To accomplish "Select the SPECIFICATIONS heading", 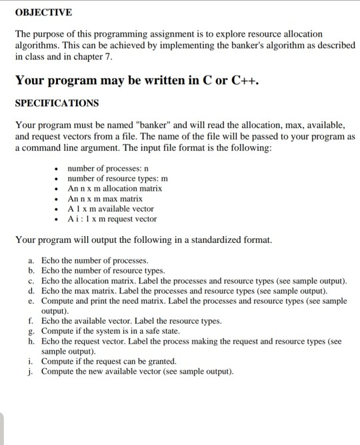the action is pyautogui.click(x=57, y=103).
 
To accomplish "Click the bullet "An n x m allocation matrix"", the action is pyautogui.click(x=115, y=189).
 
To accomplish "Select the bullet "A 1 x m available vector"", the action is pyautogui.click(x=111, y=209).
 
